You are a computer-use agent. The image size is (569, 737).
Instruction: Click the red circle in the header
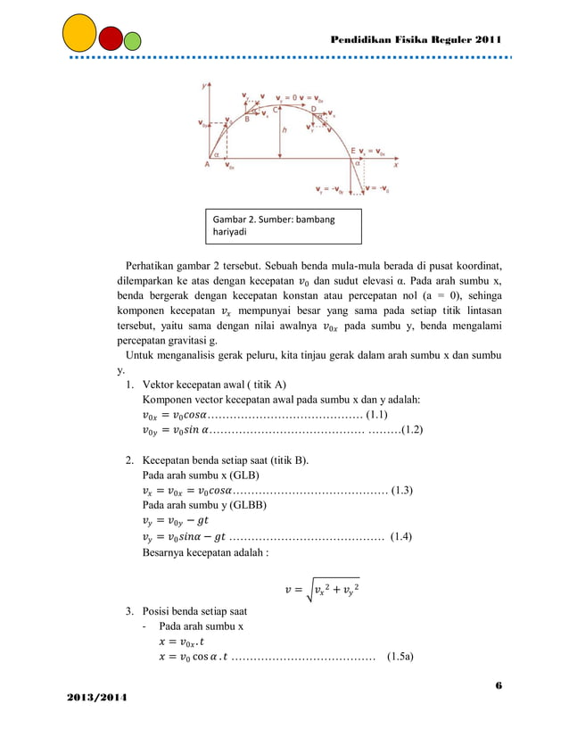[x=111, y=39]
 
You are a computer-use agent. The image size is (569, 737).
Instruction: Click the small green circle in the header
[x=133, y=41]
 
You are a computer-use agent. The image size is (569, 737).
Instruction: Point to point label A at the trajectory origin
[x=207, y=164]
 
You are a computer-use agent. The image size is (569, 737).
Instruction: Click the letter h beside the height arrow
[x=284, y=129]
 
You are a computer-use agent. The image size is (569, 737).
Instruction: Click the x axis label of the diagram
[x=395, y=164]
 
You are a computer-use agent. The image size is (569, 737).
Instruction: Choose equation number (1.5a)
[x=405, y=658]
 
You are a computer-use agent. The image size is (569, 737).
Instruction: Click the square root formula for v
[x=321, y=589]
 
